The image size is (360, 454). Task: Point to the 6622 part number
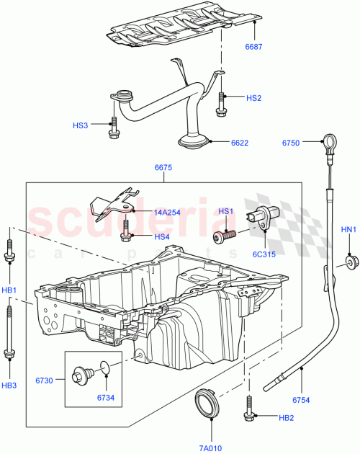click(x=240, y=143)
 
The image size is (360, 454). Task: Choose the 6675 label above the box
click(x=163, y=168)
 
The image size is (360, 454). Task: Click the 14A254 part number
click(x=167, y=213)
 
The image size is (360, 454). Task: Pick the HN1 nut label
click(x=348, y=230)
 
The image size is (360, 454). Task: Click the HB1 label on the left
click(x=9, y=290)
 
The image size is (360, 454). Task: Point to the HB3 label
click(x=9, y=386)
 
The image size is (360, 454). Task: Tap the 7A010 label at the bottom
click(x=212, y=447)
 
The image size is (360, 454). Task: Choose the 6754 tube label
click(x=302, y=399)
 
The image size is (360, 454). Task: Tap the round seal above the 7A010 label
click(x=207, y=401)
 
